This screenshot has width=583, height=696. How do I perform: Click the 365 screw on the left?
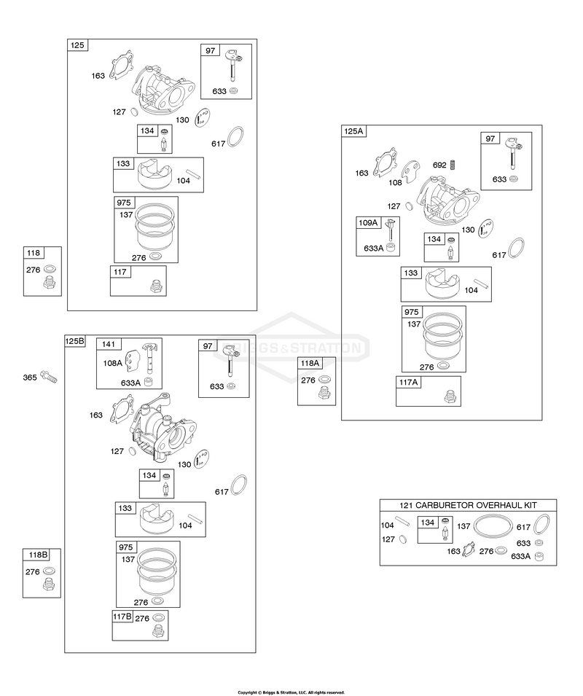click(x=49, y=378)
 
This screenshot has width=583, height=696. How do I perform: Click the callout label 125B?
click(x=75, y=341)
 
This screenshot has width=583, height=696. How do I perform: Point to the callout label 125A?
click(x=353, y=131)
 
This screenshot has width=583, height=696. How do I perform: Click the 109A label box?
click(x=368, y=222)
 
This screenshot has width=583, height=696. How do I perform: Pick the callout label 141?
click(x=109, y=344)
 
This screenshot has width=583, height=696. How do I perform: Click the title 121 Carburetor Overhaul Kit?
click(x=468, y=505)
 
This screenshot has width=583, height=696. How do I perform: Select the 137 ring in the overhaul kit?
click(x=493, y=526)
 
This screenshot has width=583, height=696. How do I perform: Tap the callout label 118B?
click(x=38, y=555)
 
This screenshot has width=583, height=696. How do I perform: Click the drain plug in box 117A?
click(x=450, y=396)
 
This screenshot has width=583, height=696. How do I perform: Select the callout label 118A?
click(x=310, y=363)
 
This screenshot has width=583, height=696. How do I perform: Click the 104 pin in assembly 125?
click(x=193, y=173)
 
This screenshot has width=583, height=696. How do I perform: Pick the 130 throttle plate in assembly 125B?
click(x=203, y=459)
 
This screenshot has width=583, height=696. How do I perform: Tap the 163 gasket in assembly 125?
click(x=120, y=66)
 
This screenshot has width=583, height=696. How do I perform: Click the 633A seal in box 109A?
click(x=391, y=248)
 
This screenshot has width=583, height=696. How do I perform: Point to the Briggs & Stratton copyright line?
click(x=291, y=692)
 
